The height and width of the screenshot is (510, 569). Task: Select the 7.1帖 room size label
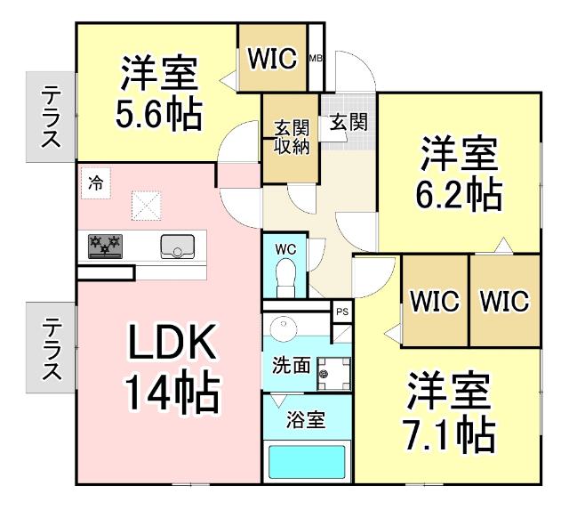click(x=451, y=434)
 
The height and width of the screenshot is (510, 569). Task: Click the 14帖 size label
click(x=171, y=392)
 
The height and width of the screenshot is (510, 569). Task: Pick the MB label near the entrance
click(x=315, y=59)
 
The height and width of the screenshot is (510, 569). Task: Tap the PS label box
click(x=341, y=312)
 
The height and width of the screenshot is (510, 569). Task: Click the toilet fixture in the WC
click(x=286, y=271)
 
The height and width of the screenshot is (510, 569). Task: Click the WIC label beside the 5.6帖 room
click(x=271, y=58)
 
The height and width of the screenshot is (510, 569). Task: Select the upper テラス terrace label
click(x=50, y=115)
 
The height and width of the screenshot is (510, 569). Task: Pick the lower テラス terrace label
click(x=50, y=347)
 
